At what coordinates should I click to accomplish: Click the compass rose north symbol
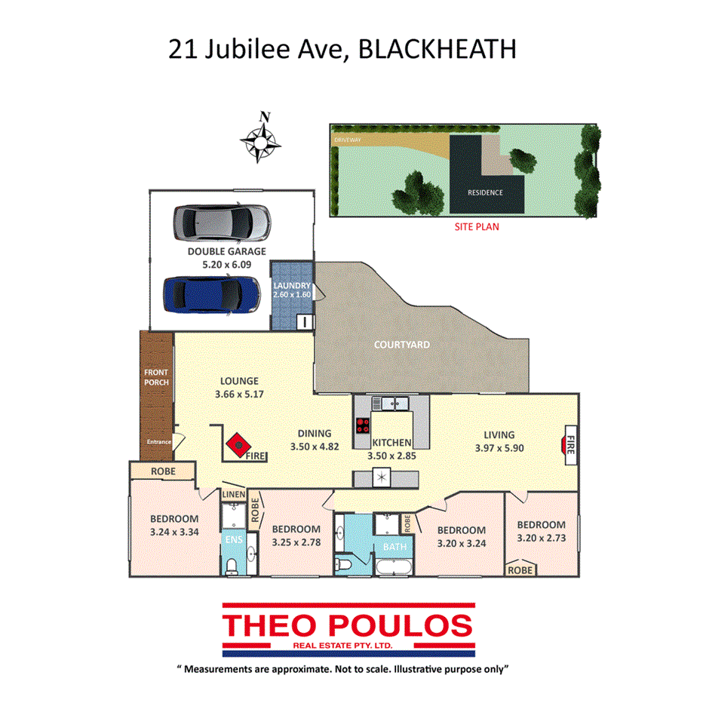coord(261,138)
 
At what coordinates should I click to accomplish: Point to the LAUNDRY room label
coord(292,286)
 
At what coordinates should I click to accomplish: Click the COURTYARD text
coord(402,345)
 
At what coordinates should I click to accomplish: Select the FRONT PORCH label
coord(156,377)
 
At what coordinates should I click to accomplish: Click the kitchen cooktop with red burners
coord(363,425)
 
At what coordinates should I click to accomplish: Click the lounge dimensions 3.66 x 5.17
coord(239,394)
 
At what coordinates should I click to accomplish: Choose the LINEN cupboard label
coord(232,493)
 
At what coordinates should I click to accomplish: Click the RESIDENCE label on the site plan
coord(484,192)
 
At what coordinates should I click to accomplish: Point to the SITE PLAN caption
coord(476,226)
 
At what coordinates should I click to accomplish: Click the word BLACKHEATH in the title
coord(437,49)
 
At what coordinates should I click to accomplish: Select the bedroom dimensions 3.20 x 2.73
coord(541,539)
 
